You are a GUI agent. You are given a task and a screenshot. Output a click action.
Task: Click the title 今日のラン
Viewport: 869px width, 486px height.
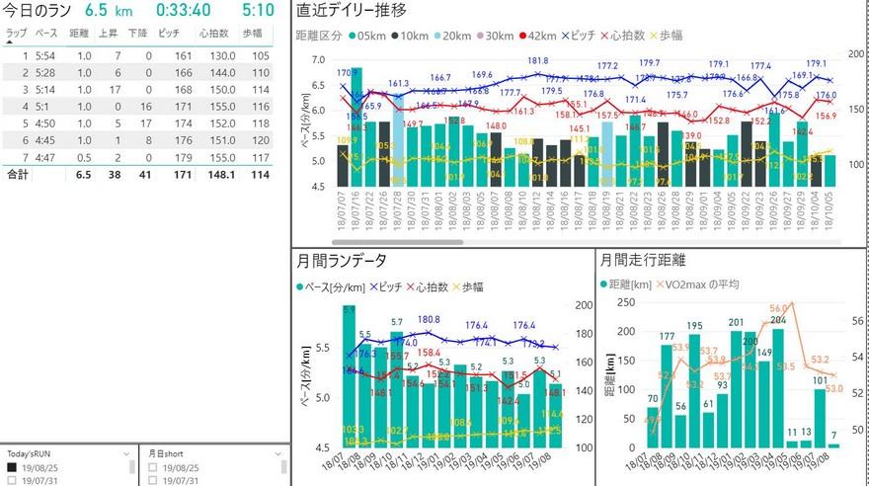click(36, 12)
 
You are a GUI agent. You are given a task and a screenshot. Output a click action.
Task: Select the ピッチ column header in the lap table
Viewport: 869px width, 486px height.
click(168, 33)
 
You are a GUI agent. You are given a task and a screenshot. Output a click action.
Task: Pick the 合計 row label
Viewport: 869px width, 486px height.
click(17, 174)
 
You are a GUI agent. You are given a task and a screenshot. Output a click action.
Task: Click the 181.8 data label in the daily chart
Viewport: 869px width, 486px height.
click(538, 61)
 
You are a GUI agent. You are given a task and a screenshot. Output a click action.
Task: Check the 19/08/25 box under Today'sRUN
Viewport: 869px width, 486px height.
click(13, 467)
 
